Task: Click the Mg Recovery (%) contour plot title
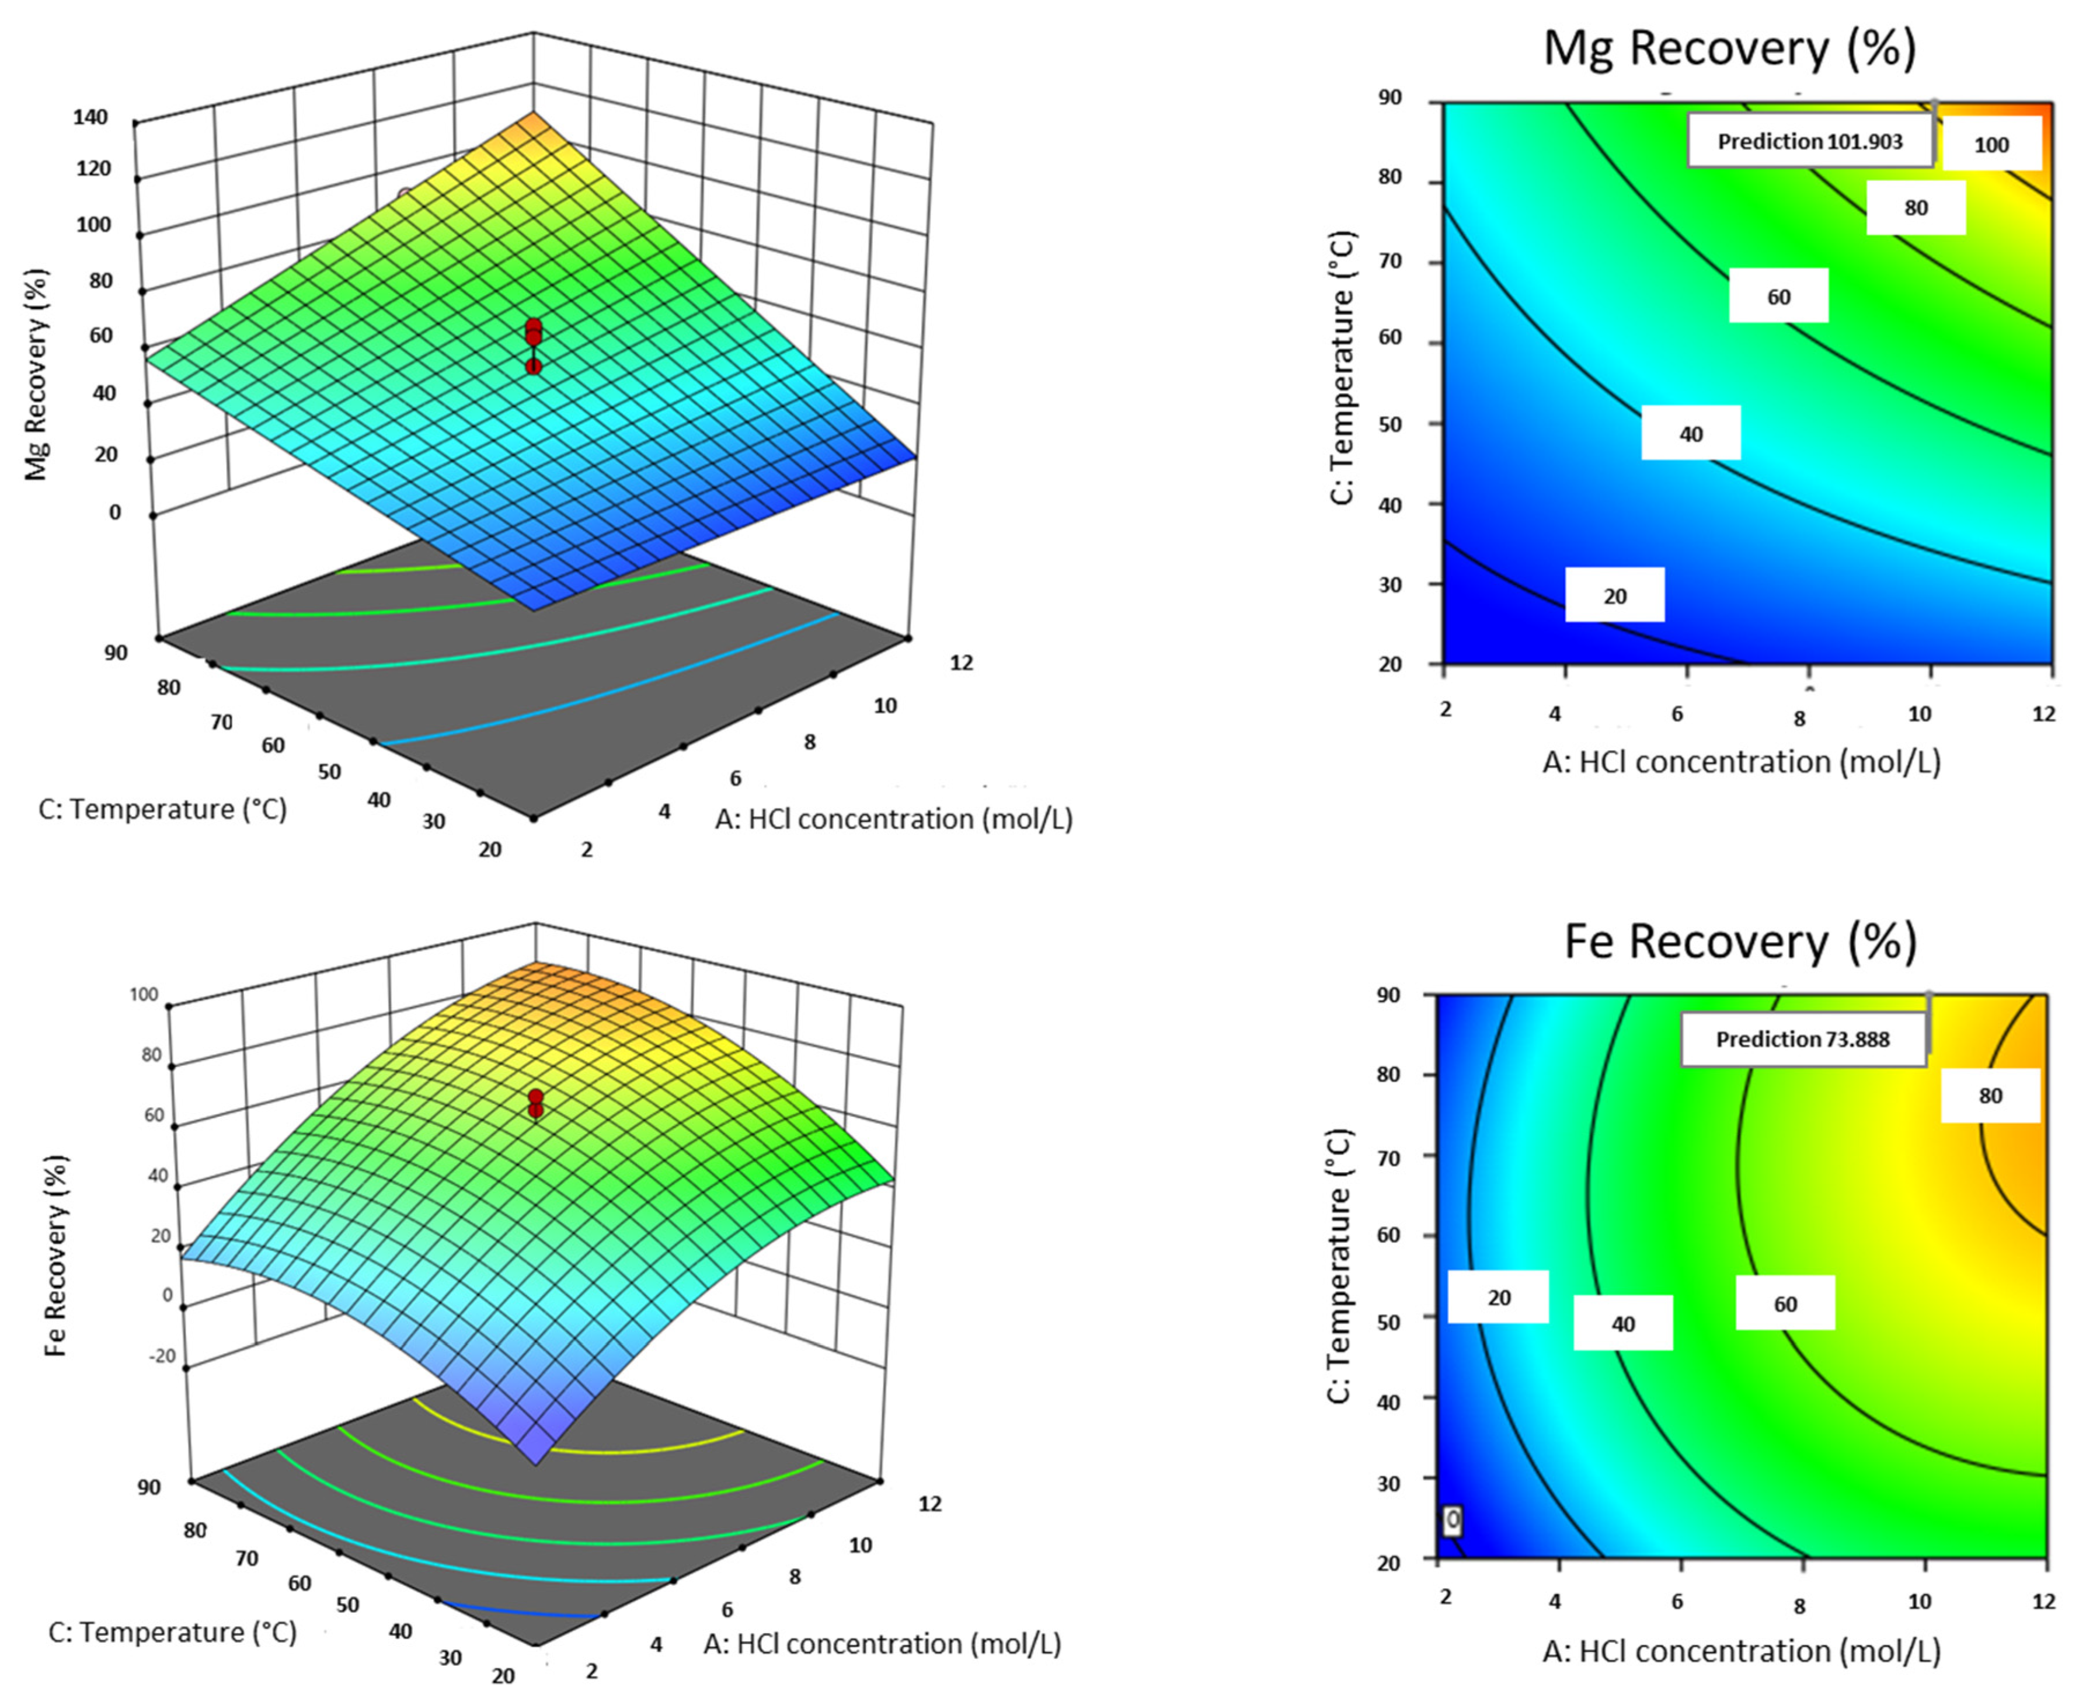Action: coord(1729,49)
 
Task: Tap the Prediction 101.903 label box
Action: coord(1809,141)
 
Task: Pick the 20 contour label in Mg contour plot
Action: coord(1615,596)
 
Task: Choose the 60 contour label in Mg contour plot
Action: coord(1778,297)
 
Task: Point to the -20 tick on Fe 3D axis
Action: coord(160,1357)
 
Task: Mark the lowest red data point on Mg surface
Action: coord(533,367)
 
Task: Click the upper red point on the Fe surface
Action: coord(535,1097)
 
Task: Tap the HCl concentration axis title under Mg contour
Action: coord(1742,761)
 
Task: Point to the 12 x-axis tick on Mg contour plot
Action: coord(2044,714)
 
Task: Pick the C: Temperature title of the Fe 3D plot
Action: coord(172,1632)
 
